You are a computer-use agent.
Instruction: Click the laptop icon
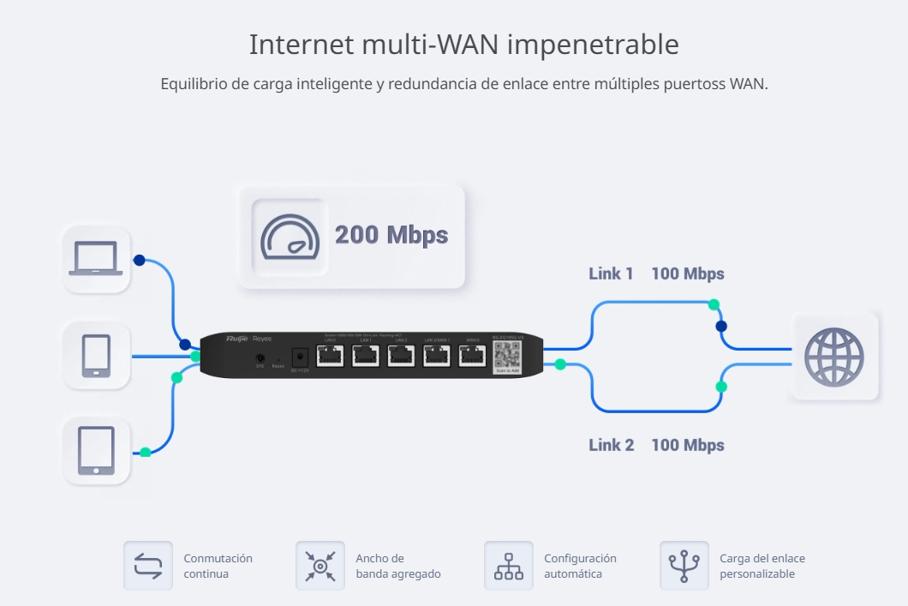click(x=97, y=259)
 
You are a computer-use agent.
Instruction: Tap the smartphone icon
click(x=96, y=355)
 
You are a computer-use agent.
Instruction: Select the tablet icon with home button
click(x=96, y=451)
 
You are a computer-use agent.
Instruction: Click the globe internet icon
click(x=833, y=356)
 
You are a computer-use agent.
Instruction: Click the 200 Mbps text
click(x=391, y=235)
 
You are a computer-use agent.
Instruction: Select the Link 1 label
click(x=611, y=273)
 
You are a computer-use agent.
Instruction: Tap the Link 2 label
click(x=611, y=445)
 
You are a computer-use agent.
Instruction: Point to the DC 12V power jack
click(x=300, y=356)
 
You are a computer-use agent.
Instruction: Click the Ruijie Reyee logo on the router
click(x=248, y=339)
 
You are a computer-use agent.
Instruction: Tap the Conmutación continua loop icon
click(x=148, y=566)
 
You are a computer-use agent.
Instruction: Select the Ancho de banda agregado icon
click(x=320, y=566)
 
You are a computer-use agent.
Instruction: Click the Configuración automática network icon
click(x=509, y=566)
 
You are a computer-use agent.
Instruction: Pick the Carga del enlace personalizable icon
click(x=684, y=566)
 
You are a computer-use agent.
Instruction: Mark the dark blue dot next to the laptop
click(x=139, y=260)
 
